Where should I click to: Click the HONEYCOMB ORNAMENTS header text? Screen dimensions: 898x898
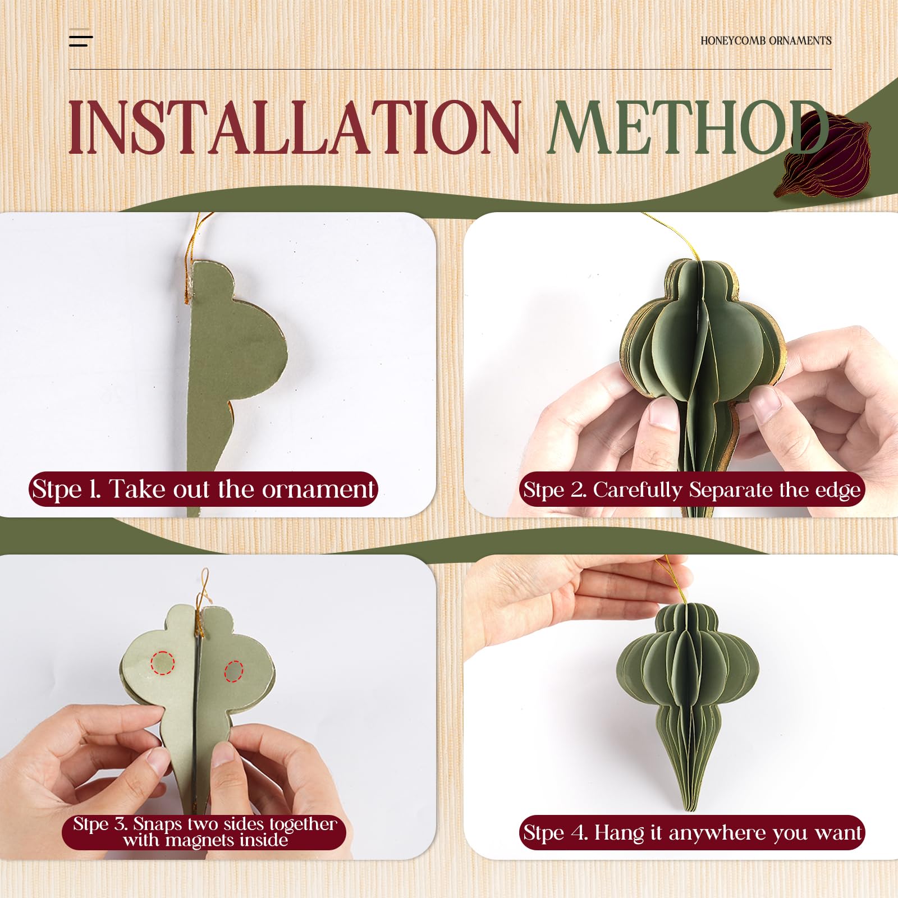(x=766, y=41)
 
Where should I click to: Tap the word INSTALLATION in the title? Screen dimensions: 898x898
(x=294, y=127)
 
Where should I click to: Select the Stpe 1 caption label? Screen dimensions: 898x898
(x=203, y=489)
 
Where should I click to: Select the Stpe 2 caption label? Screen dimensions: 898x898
(x=691, y=490)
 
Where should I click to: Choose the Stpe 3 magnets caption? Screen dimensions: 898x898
(x=204, y=831)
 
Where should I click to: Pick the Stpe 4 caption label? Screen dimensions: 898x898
(x=691, y=832)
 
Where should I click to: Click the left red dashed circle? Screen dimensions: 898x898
(x=162, y=663)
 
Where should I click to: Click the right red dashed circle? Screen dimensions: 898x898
(x=233, y=671)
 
